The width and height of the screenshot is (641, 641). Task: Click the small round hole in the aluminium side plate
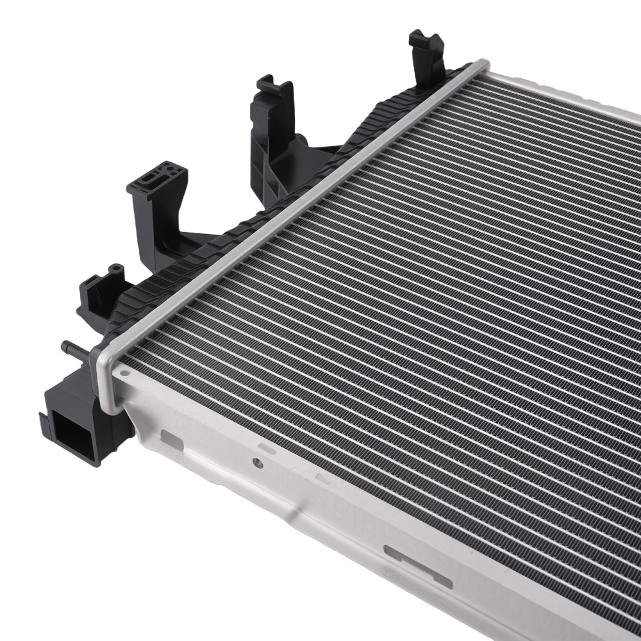257,462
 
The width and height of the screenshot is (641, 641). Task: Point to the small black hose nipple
72,350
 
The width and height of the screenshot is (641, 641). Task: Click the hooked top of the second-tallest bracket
274,87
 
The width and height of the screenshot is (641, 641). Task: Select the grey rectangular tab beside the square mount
172,440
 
